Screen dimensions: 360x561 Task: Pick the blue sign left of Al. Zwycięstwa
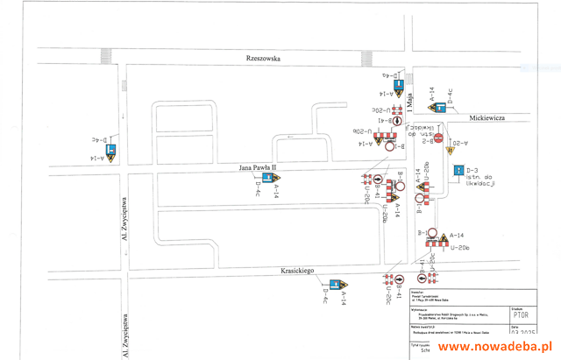(112, 151)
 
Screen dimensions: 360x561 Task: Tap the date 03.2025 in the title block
(521, 334)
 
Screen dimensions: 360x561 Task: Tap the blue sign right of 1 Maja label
(438, 101)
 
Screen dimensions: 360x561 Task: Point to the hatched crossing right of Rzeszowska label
(366, 58)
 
